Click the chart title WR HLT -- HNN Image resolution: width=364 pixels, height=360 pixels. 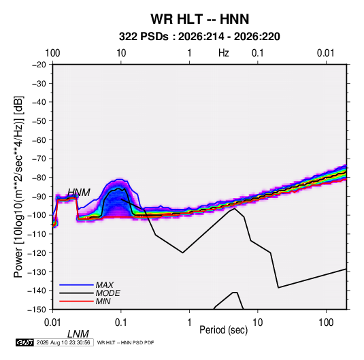199,19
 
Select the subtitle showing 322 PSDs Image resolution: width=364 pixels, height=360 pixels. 199,37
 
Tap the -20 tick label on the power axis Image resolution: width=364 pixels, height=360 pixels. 39,65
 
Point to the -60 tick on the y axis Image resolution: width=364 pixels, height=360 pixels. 39,140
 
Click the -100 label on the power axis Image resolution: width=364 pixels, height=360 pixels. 37,215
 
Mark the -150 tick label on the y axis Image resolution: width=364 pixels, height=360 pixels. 37,310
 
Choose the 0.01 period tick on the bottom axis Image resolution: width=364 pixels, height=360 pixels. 53,322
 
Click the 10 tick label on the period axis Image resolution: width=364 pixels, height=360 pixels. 257,322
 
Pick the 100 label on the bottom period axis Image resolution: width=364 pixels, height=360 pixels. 326,322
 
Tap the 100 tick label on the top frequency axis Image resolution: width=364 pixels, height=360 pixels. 52,53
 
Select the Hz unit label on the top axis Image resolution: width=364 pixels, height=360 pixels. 224,53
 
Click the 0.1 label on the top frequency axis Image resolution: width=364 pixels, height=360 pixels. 258,53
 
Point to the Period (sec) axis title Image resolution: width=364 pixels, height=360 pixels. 224,330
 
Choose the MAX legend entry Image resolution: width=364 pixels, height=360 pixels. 105,284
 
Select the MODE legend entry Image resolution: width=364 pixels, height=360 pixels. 108,293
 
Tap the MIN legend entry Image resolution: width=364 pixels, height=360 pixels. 103,301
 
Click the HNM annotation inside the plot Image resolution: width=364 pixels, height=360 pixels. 79,193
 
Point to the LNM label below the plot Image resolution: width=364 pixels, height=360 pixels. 78,334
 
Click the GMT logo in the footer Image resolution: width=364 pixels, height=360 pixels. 24,342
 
